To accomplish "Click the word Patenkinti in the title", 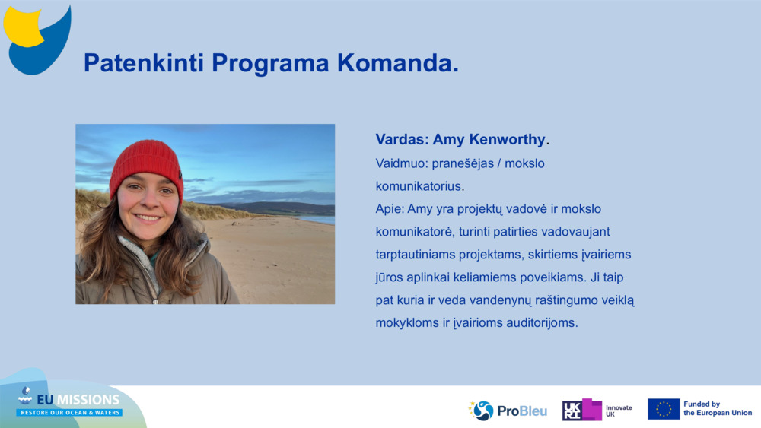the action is [144, 63].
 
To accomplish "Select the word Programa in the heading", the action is [270, 64].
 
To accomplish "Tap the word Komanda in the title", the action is [395, 63].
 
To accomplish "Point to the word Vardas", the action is [402, 140].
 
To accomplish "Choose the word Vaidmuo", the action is [401, 163].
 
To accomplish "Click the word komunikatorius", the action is [419, 186].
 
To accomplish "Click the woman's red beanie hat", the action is [145, 167].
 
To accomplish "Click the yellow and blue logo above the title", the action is [37, 40].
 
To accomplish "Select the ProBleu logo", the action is [508, 411].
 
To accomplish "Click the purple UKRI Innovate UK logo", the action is [597, 410].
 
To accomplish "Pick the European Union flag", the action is [664, 409].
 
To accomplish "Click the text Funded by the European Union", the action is [718, 408].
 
